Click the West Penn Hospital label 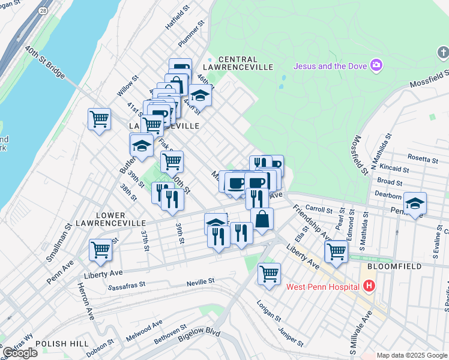pos(322,286)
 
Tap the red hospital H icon pos(369,286)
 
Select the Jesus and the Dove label pos(330,65)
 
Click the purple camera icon pos(376,65)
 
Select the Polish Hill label pos(58,344)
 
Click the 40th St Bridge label pos(45,62)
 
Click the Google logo pos(20,353)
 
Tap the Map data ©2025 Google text pos(412,355)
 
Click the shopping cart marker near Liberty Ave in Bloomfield pos(336,251)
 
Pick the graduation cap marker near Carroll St pos(414,203)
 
